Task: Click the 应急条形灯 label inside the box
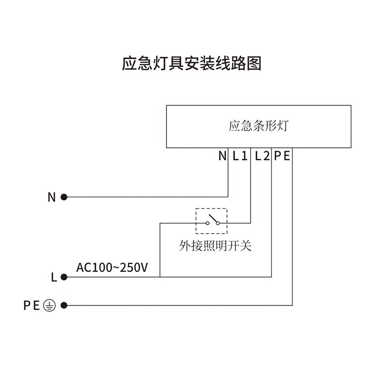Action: (x=258, y=126)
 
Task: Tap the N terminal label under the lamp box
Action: (x=222, y=156)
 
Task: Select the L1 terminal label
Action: (x=240, y=156)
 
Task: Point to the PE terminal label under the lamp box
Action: (x=282, y=156)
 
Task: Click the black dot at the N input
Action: (x=64, y=197)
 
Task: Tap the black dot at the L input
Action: (x=64, y=277)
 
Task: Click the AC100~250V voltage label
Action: (x=112, y=267)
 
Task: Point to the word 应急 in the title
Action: (x=134, y=64)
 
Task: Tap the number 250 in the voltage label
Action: (x=129, y=267)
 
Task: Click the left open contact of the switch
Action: (x=207, y=223)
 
